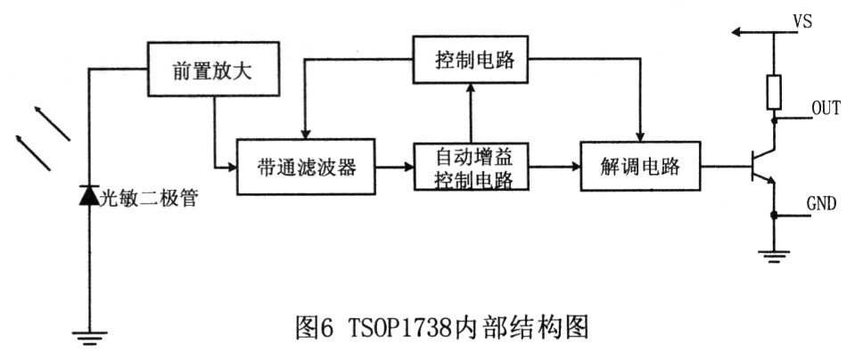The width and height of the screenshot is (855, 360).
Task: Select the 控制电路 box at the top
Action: tap(470, 60)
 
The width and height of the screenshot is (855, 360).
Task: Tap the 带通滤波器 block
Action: tap(305, 167)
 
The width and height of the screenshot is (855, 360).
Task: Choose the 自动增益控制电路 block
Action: tap(470, 167)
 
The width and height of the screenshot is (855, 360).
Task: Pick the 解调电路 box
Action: tap(639, 166)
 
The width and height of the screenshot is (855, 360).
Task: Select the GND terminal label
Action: tap(821, 204)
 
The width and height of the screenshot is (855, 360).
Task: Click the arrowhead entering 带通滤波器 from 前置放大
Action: tap(229, 167)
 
